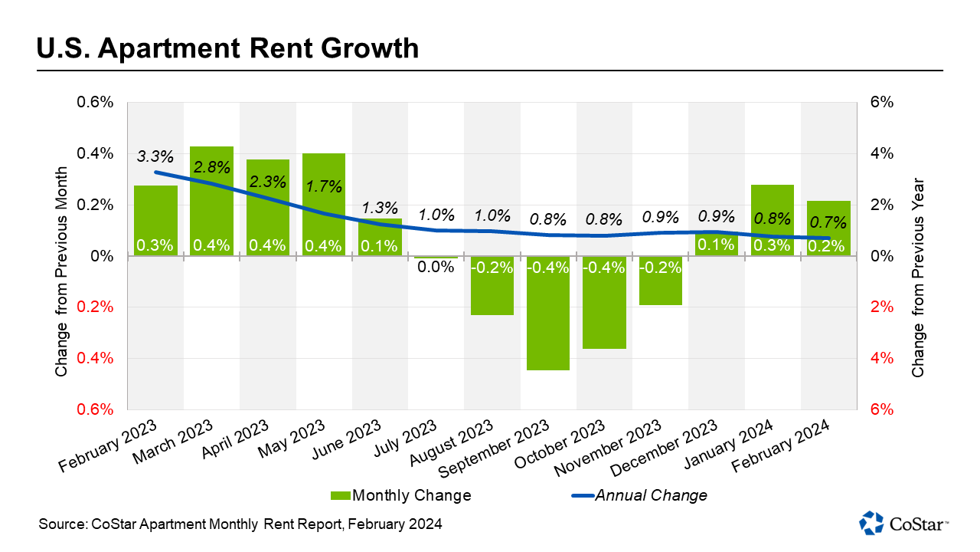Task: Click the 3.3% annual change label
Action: pyautogui.click(x=155, y=157)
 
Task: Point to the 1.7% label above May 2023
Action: pyautogui.click(x=323, y=186)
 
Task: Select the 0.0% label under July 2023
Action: pyautogui.click(x=436, y=268)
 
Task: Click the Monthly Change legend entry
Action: pyautogui.click(x=401, y=495)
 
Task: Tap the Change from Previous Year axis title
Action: pyautogui.click(x=918, y=278)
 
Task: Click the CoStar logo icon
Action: pyautogui.click(x=871, y=522)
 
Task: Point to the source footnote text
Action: pyautogui.click(x=240, y=524)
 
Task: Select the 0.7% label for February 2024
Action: pyautogui.click(x=828, y=223)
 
